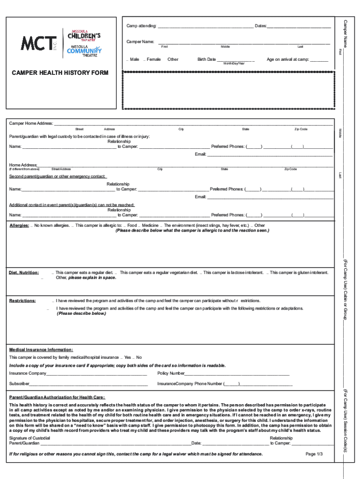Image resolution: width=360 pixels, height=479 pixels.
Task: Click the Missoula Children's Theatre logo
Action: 84,35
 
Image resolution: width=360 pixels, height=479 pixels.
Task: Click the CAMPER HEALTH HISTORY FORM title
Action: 60,73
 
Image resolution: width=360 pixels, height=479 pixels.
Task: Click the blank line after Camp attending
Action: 206,25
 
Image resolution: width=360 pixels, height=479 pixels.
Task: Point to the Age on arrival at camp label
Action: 288,59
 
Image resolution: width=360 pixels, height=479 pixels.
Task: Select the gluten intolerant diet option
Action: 299,272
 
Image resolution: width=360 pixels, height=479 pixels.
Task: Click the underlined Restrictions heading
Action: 22,300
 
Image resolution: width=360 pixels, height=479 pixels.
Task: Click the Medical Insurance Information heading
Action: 41,349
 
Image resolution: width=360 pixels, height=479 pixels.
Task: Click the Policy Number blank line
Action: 237,373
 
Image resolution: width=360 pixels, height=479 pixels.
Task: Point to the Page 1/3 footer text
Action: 314,454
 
